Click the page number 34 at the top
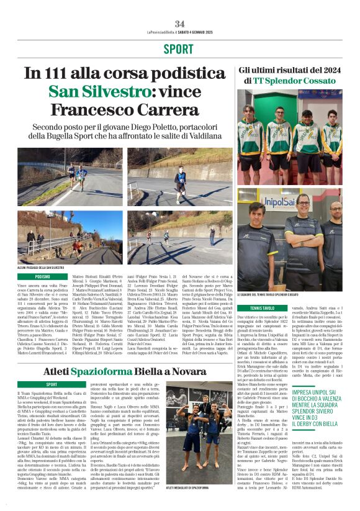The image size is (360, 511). pyautogui.click(x=179, y=24)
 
